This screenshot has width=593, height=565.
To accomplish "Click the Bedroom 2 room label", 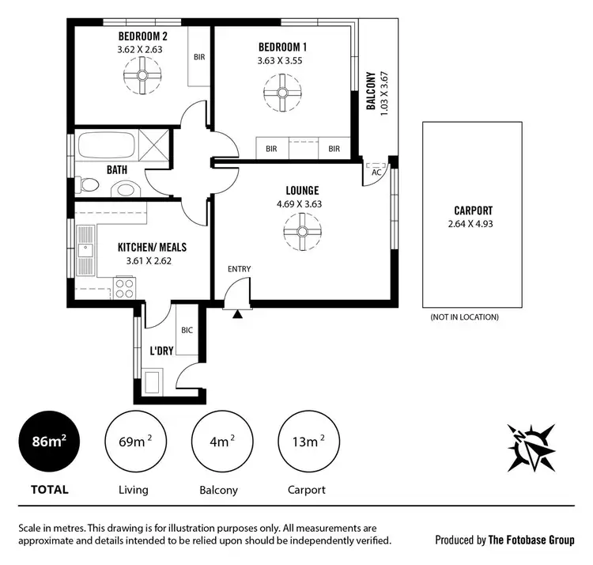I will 143,36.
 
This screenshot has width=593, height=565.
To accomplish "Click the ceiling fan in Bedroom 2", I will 143,78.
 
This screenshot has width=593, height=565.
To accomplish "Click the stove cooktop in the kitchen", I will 125,286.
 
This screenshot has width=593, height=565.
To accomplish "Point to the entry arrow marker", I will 237,313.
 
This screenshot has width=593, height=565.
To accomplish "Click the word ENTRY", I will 240,269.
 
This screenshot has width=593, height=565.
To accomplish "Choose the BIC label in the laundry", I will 187,330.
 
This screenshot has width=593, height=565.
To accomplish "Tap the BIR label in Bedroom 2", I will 198,57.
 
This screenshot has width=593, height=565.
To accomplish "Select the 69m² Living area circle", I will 132,442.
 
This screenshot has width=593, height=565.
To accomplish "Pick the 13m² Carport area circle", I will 307,442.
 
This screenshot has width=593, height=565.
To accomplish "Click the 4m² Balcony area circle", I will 220,442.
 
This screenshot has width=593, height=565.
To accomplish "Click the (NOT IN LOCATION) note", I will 464,317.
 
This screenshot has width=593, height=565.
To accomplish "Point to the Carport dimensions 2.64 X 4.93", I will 474,224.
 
